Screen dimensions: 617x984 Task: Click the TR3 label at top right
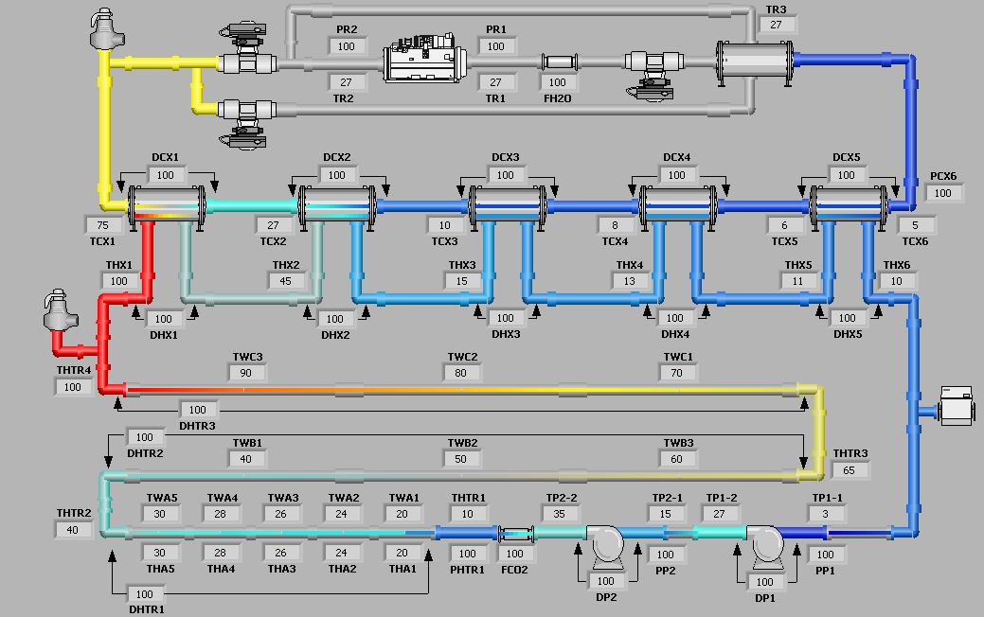777,9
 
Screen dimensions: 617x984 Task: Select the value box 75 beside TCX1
103,225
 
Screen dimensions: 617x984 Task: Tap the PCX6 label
942,175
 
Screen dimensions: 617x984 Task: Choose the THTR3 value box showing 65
849,470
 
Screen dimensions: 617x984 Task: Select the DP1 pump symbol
763,543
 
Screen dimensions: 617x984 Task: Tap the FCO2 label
514,569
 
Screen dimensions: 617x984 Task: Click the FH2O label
557,97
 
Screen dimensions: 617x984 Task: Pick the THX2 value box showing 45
286,281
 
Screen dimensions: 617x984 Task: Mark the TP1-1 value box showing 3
826,514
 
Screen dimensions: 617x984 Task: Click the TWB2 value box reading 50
462,459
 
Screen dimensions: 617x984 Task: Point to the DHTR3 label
198,425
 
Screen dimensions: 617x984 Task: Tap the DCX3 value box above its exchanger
506,175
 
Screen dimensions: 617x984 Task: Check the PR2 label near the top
347,29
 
